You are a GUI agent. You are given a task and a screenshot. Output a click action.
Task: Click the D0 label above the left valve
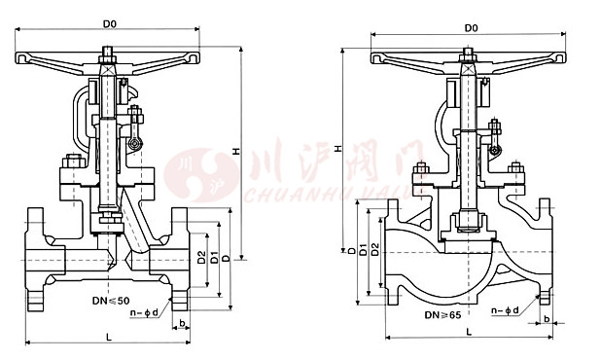pos(109,23)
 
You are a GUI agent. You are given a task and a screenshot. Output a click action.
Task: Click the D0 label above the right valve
pos(472,28)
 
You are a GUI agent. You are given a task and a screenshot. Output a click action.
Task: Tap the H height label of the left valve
pos(236,152)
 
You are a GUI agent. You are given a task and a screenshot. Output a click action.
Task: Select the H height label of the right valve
pos(337,148)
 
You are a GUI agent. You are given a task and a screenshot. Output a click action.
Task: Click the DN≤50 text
pos(111,301)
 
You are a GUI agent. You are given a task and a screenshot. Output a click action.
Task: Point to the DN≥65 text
pos(442,315)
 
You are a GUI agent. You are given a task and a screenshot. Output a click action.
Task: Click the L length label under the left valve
pos(109,337)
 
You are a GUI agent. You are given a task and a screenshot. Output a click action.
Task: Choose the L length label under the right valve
pos(469,332)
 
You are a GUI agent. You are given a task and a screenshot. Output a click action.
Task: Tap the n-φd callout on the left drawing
pos(144,313)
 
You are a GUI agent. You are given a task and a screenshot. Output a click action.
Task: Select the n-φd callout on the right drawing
pos(506,310)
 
